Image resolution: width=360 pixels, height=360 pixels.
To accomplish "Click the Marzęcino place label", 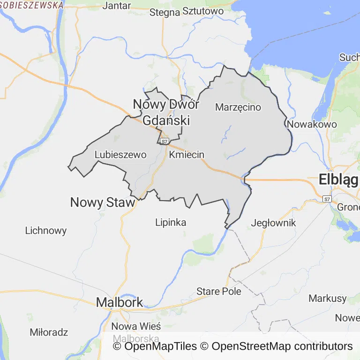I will pyautogui.click(x=238, y=107).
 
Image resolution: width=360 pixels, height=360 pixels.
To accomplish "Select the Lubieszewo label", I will pyautogui.click(x=120, y=155).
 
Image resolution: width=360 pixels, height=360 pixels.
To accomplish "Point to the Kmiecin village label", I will pyautogui.click(x=187, y=155).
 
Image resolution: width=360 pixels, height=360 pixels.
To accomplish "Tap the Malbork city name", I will pyautogui.click(x=119, y=302).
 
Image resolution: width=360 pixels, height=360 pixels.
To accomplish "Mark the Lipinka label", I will pyautogui.click(x=171, y=223).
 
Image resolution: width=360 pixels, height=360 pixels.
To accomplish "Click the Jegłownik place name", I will pyautogui.click(x=274, y=223).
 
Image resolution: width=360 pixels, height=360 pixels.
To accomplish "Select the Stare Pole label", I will pyautogui.click(x=219, y=291).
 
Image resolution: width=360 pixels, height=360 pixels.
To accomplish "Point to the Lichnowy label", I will pyautogui.click(x=46, y=231).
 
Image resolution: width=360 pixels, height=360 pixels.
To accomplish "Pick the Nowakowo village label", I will pyautogui.click(x=312, y=125).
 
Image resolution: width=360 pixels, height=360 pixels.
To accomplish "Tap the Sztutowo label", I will pyautogui.click(x=202, y=11).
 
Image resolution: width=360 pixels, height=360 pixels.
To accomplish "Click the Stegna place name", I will pyautogui.click(x=165, y=13).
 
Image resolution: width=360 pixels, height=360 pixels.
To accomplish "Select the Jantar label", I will pyautogui.click(x=117, y=6).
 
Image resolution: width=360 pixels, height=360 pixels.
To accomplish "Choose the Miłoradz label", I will pyautogui.click(x=49, y=332).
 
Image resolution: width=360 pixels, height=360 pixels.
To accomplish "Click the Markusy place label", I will pyautogui.click(x=328, y=298).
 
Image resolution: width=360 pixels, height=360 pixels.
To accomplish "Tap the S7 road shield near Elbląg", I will pyautogui.click(x=327, y=199).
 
